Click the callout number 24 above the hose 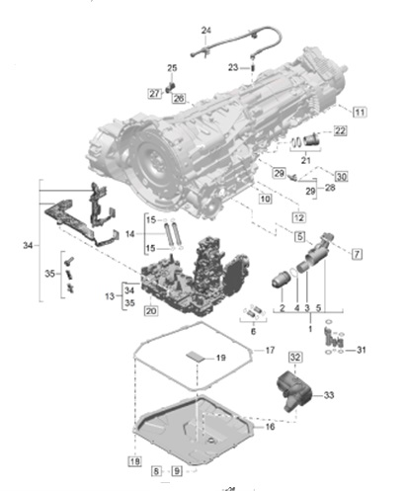[206, 32]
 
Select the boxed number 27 [154, 93]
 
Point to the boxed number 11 [360, 114]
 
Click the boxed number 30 [341, 175]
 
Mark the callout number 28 [330, 186]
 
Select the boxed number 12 [297, 216]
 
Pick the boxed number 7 [357, 254]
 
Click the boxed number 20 [151, 311]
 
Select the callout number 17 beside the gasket [271, 350]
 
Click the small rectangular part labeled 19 [196, 358]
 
